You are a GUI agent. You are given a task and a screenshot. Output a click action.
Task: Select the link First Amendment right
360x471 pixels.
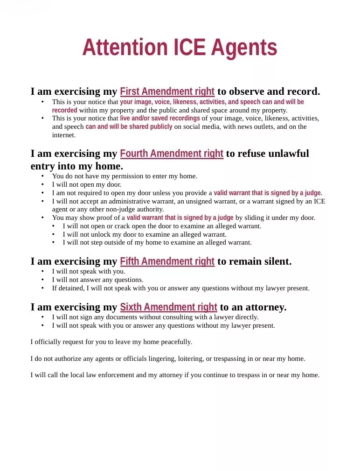167,91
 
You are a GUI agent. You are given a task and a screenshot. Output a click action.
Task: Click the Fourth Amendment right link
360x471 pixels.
172,154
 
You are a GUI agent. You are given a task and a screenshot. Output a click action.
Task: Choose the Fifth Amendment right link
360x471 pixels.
167,261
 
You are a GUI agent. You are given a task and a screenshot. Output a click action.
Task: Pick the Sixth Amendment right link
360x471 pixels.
168,307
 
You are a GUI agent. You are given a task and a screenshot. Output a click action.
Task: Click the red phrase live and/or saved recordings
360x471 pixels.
159,119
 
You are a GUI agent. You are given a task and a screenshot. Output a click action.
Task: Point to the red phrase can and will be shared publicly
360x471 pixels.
129,127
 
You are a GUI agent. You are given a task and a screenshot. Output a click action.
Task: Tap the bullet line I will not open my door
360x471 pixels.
86,185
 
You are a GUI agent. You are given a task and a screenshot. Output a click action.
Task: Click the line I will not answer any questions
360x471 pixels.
97,280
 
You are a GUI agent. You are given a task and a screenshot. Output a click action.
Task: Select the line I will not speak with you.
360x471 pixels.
89,272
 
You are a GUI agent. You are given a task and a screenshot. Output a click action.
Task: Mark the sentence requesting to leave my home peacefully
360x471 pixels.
111,342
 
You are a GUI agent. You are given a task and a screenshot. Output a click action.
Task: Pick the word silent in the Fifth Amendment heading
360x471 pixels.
277,261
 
